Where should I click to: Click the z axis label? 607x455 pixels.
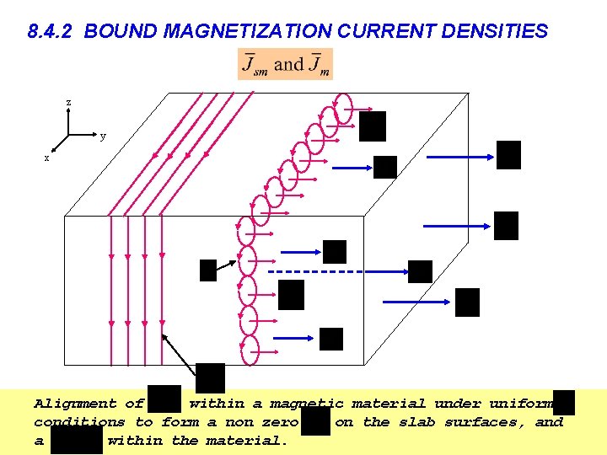[x=69, y=103]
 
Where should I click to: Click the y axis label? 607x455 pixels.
[x=103, y=136]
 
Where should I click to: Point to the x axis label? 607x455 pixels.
[x=46, y=158]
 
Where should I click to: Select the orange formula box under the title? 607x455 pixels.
[x=285, y=64]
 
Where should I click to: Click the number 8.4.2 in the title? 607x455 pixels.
[x=51, y=32]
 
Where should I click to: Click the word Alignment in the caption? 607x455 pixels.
[x=77, y=404]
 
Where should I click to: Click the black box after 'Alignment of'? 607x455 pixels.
[x=165, y=399]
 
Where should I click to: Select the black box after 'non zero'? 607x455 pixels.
[x=315, y=420]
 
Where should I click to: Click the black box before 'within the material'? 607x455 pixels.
[x=76, y=440]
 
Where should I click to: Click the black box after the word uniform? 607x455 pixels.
[x=565, y=402]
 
